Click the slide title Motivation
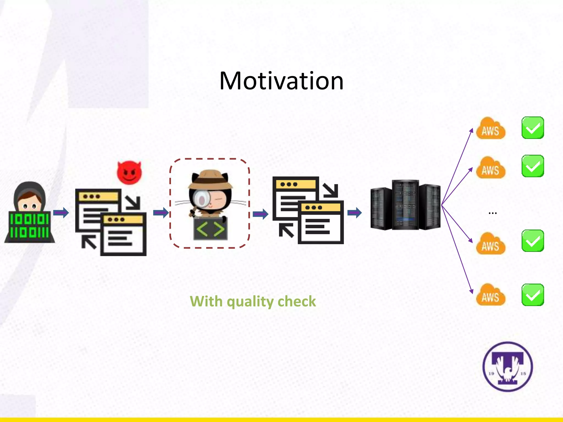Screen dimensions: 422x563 (x=281, y=81)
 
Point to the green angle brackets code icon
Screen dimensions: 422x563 (x=211, y=229)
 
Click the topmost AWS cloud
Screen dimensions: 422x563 (x=491, y=129)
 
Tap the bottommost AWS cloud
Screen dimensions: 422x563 (x=491, y=295)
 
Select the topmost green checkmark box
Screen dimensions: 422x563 (x=532, y=128)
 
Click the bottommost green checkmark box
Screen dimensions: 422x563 (x=532, y=295)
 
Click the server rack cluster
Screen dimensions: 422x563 (x=405, y=205)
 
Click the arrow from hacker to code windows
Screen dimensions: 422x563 (x=61, y=212)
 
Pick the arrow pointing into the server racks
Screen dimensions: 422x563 (x=355, y=213)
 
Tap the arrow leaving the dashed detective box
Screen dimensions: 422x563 (x=260, y=214)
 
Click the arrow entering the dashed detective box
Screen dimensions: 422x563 (x=161, y=213)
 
